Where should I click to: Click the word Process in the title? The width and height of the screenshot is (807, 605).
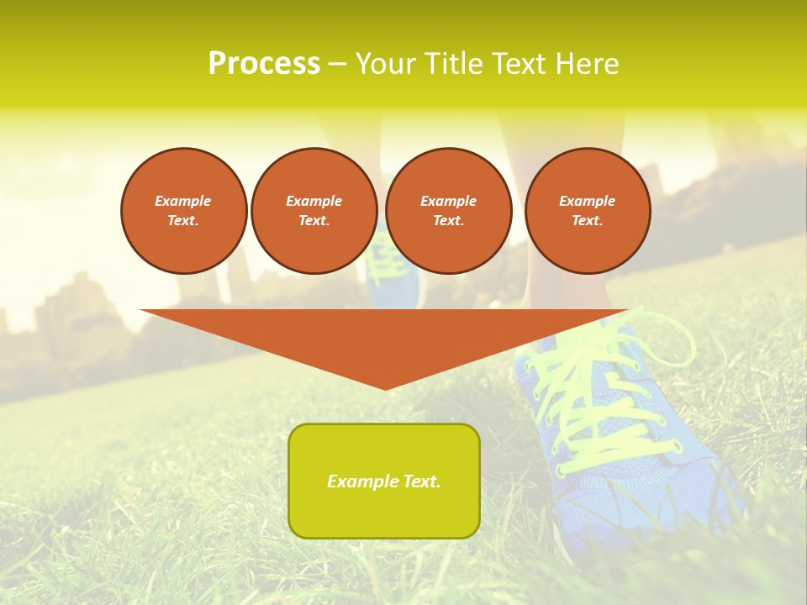point(264,64)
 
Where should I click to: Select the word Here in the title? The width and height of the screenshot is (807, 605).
point(589,64)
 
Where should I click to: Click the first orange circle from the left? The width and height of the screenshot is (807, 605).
point(184,211)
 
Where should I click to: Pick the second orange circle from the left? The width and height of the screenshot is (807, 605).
point(314,211)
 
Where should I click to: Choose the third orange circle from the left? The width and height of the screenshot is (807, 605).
point(449,211)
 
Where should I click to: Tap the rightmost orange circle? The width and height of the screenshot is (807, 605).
point(588,211)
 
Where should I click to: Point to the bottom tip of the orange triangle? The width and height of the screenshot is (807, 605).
point(385,388)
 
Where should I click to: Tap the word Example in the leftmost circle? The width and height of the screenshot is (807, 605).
point(183,201)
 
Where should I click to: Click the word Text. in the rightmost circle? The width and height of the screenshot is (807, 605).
point(588,221)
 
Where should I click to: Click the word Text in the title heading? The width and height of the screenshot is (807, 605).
point(520,64)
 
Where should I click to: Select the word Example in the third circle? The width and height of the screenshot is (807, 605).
point(449,201)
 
